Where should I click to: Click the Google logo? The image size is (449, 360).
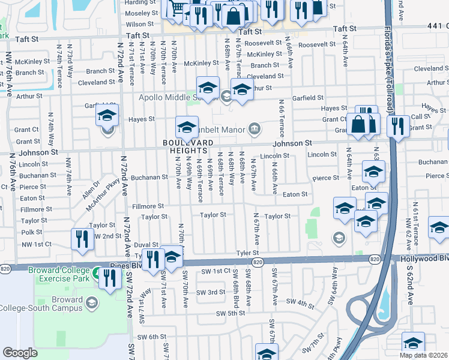(x=20, y=353)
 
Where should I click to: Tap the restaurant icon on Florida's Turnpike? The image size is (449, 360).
(x=397, y=127)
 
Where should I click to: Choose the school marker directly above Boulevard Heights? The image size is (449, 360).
(x=187, y=127)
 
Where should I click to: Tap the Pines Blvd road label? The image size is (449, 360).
(x=124, y=265)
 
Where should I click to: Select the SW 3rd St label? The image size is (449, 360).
(x=213, y=292)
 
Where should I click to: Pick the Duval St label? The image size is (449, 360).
(x=146, y=245)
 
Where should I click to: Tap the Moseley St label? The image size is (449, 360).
(x=137, y=13)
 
